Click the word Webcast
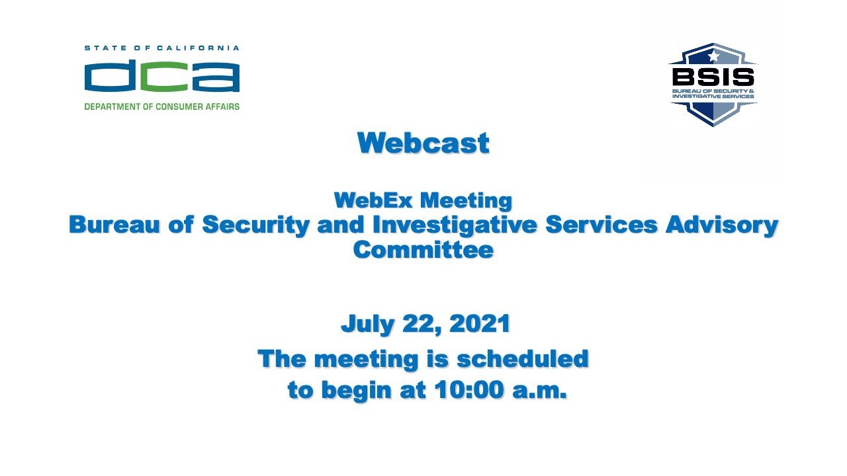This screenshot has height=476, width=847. click(x=423, y=143)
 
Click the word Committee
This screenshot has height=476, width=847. click(x=423, y=250)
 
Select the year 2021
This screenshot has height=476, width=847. click(x=480, y=324)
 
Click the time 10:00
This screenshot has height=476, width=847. click(x=469, y=390)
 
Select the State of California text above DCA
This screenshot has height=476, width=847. click(x=161, y=48)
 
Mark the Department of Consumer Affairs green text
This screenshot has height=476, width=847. click(x=161, y=106)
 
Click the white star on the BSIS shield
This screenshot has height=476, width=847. click(x=713, y=56)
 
